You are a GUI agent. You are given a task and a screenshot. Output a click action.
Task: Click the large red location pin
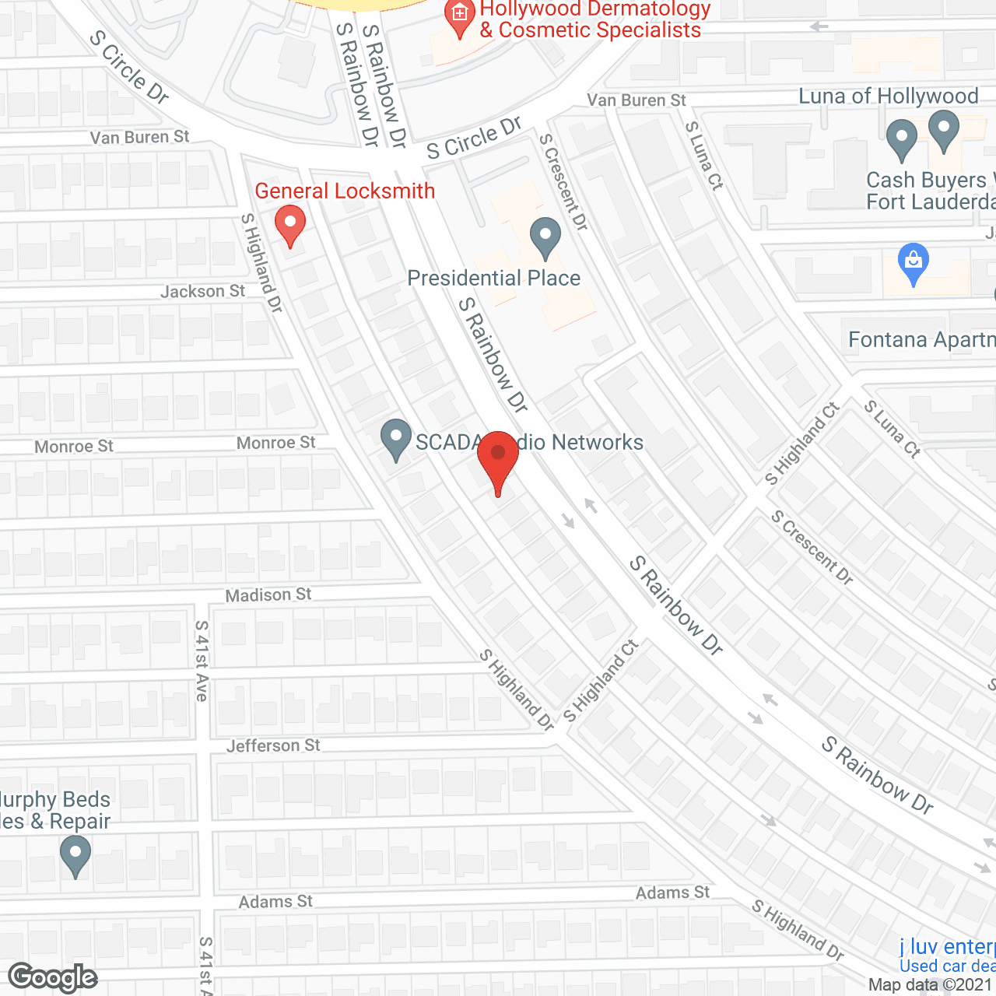point(498,460)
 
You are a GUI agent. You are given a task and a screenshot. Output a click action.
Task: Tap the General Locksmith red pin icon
point(290,224)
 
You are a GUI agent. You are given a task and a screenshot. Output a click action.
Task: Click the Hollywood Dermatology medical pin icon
point(459,16)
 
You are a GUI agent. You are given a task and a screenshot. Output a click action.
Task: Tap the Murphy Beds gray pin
point(75,854)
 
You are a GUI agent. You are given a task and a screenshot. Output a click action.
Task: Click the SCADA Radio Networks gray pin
point(396,439)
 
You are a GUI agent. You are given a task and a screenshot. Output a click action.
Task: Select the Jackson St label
point(202,292)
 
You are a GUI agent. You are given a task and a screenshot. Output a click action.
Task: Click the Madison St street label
point(268,595)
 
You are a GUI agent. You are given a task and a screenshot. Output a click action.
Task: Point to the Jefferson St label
point(273,745)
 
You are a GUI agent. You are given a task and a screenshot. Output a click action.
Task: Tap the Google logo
point(53,977)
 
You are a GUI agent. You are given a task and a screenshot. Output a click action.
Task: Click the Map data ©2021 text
point(931,985)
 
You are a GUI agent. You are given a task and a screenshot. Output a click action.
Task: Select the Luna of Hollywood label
point(888,96)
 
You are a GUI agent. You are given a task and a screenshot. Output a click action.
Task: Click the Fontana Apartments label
point(921,340)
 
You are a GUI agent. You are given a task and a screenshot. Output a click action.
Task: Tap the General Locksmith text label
point(345,191)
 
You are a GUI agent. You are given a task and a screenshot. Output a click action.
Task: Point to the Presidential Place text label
point(494,279)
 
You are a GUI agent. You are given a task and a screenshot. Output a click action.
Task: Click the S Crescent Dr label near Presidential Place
point(564,182)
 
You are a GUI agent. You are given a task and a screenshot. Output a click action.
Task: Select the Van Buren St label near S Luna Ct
point(637,100)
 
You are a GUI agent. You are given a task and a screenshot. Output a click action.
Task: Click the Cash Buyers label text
point(926,181)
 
